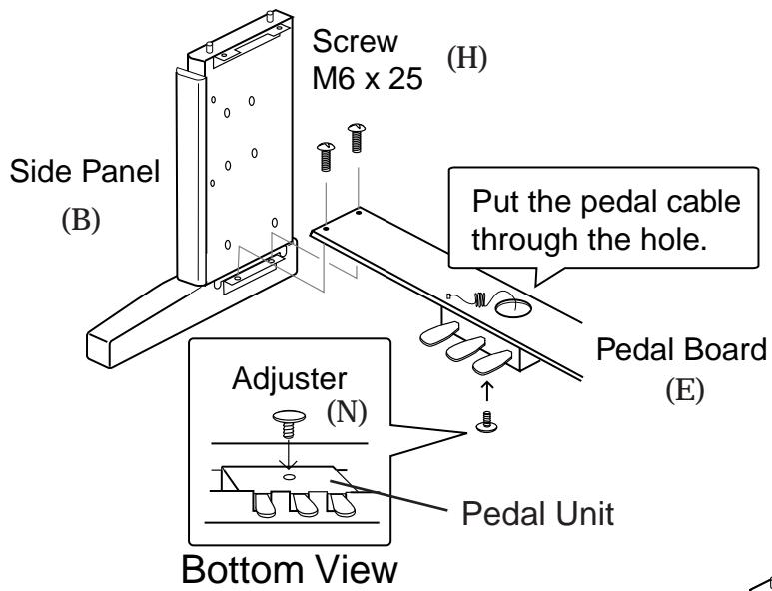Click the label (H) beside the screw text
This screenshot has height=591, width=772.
click(x=466, y=58)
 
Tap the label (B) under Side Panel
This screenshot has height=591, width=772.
click(x=81, y=220)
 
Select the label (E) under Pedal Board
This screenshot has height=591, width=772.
click(x=684, y=390)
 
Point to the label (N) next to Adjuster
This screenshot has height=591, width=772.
click(x=347, y=412)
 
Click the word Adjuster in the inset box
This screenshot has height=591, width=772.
click(x=289, y=379)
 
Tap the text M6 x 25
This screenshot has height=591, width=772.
click(x=368, y=78)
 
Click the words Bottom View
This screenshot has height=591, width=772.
click(x=290, y=569)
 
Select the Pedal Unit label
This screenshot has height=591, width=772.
click(x=537, y=514)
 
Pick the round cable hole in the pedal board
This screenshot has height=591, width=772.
click(x=513, y=308)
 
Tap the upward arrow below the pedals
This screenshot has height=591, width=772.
click(x=486, y=391)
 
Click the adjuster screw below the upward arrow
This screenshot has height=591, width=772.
click(x=487, y=422)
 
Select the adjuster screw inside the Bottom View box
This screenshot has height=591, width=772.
click(x=289, y=423)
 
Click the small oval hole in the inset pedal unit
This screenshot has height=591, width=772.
click(x=289, y=477)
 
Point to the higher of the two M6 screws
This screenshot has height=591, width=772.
click(x=357, y=138)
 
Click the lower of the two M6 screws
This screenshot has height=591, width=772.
click(x=326, y=156)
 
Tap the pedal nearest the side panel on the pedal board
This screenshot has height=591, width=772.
click(x=439, y=333)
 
